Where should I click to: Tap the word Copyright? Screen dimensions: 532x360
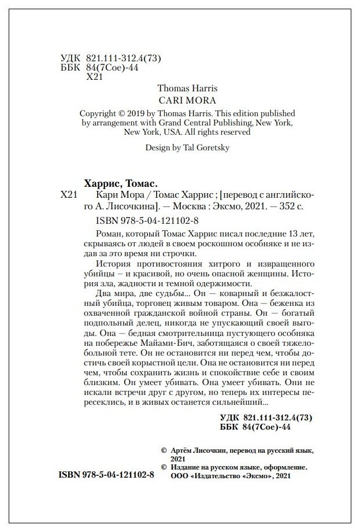point(100,113)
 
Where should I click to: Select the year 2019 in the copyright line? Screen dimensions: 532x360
point(143,113)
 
